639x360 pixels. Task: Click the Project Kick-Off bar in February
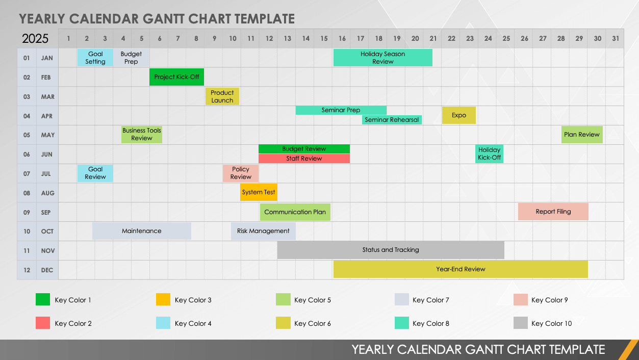tap(176, 77)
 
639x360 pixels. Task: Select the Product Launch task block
tap(222, 96)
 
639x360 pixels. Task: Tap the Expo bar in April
tap(458, 115)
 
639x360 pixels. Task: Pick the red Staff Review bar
tap(304, 159)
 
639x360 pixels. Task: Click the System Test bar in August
tap(259, 192)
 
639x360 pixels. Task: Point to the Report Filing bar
tap(553, 212)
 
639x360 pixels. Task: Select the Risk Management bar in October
tap(263, 231)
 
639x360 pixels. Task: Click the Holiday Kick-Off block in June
tap(489, 153)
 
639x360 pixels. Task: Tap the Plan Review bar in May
tap(581, 135)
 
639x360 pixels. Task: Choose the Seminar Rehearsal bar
tap(392, 120)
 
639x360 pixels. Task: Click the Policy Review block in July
tap(241, 173)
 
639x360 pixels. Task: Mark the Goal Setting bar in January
tap(95, 58)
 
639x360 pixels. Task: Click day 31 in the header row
tap(616, 38)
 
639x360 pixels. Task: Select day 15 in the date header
tap(324, 38)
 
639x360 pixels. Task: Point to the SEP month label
tap(46, 212)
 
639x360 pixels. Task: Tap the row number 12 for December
tap(27, 270)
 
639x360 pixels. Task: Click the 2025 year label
tap(35, 39)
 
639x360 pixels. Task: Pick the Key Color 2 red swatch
tap(43, 323)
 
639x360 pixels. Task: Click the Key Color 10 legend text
tap(551, 323)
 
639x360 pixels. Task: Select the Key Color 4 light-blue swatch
tap(163, 323)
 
